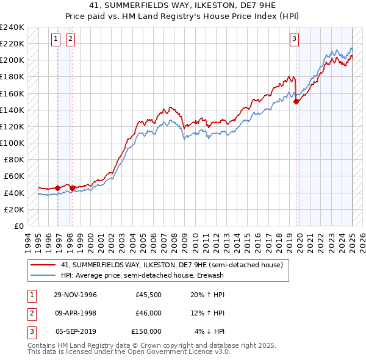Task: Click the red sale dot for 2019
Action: point(296,102)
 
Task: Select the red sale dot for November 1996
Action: point(58,188)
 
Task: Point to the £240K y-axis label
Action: point(12,27)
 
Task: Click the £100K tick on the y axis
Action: point(12,143)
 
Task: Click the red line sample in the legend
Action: point(43,265)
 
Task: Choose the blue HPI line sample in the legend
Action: point(43,275)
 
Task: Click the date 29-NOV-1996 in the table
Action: point(75,295)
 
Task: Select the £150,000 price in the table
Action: point(146,331)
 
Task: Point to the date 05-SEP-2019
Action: point(76,331)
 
